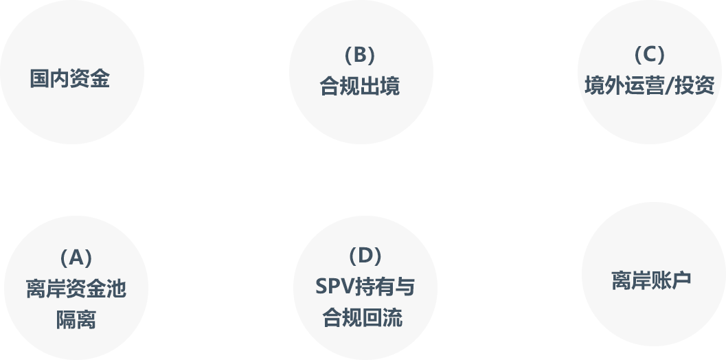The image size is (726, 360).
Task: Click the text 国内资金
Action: pos(69,78)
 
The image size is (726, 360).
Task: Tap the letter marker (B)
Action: pos(359,54)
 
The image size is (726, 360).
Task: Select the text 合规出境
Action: pos(359,87)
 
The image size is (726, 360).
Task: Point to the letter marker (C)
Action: pos(649,54)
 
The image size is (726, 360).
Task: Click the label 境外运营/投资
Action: pos(649,86)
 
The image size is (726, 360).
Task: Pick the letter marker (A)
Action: pos(76,258)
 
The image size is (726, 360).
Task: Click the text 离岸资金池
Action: pos(76,289)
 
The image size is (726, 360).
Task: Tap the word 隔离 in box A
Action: pos(76,319)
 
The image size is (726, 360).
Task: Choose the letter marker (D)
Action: pos(365,256)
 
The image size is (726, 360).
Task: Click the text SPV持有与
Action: pos(365,286)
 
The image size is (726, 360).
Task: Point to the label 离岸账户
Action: pos(651,280)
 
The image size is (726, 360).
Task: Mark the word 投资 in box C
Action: pos(694,86)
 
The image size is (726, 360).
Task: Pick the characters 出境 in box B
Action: pos(379,87)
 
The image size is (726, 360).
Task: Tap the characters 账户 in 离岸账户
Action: pos(671,280)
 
